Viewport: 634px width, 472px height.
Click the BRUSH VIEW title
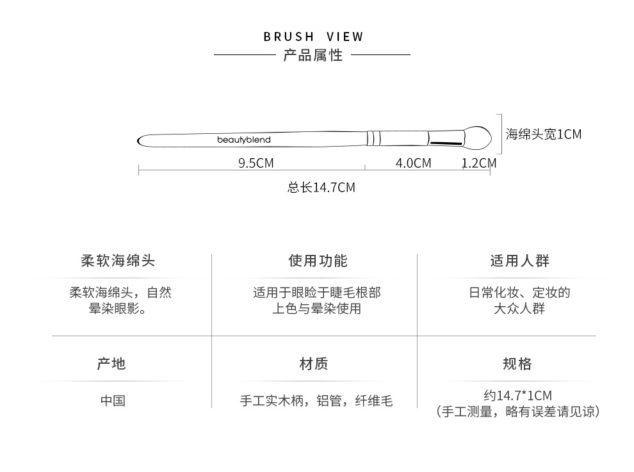click(x=313, y=37)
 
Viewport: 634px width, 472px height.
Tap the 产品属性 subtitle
click(x=313, y=56)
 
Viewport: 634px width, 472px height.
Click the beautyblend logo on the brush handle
click(x=243, y=139)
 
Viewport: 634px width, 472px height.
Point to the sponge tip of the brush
click(x=476, y=135)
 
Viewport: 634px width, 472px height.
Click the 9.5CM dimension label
click(x=256, y=163)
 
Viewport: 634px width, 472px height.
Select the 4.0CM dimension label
click(x=413, y=163)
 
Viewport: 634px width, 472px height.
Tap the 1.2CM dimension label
click(x=479, y=163)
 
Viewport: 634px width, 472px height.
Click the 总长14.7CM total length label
click(x=321, y=188)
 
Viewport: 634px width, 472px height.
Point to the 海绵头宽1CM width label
click(x=543, y=134)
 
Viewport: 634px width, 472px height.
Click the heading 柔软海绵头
click(x=118, y=261)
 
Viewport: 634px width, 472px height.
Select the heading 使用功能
click(x=318, y=261)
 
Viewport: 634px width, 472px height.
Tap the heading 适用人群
click(x=519, y=261)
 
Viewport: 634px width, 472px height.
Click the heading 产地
click(x=111, y=364)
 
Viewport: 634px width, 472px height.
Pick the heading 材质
click(x=314, y=364)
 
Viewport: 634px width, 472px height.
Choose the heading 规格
click(x=517, y=364)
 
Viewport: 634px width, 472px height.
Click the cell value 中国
click(x=113, y=401)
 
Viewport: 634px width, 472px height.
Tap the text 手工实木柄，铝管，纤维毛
click(x=316, y=402)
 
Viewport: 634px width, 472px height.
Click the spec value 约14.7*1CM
click(x=517, y=395)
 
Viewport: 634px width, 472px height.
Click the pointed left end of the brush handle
click(x=142, y=139)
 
